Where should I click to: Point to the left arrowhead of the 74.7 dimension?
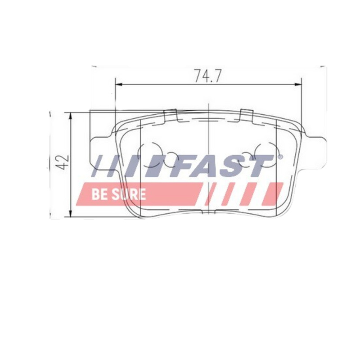pos(118,84)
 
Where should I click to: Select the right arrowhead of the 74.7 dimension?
pos(298,84)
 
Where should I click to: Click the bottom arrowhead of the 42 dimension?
pos(71,215)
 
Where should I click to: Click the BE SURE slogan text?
pos(119,194)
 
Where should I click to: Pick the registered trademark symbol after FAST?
pos(280,157)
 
